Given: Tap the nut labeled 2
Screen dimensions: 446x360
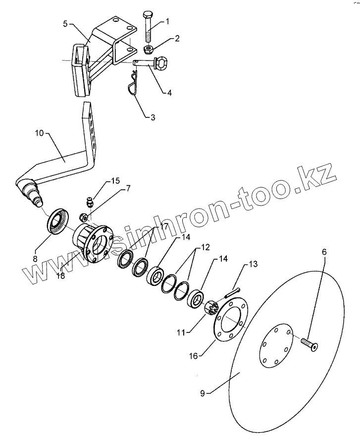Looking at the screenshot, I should click(148, 49).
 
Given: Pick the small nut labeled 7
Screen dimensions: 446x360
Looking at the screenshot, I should click(85, 217).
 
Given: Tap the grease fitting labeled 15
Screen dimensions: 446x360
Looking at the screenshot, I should click(89, 202).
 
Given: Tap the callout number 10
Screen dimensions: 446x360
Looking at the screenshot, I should click(40, 133).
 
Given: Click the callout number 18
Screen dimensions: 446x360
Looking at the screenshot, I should click(61, 276).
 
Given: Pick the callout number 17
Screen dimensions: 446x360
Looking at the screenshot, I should click(164, 226).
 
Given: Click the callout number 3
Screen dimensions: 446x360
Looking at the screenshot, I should click(152, 117).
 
